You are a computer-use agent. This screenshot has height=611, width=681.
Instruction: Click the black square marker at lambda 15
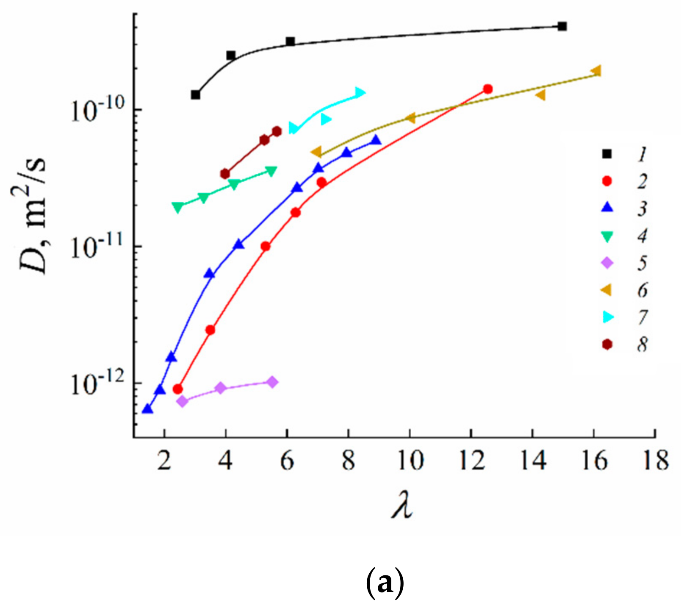pos(562,26)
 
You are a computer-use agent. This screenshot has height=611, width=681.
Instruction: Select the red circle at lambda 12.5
pos(487,89)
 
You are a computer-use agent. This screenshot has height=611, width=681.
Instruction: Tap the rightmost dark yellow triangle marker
pos(596,71)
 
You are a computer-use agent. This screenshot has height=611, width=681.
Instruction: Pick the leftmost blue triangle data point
pos(147,409)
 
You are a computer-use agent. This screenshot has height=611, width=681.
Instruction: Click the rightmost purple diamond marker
pos(273,382)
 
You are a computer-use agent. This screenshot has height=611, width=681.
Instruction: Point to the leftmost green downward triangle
pos(178,207)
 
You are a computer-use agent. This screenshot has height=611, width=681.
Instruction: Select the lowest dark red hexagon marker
pos(225,174)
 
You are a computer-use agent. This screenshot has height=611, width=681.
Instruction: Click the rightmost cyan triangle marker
pos(360,92)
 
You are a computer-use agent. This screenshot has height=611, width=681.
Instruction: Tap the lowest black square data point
pos(195,95)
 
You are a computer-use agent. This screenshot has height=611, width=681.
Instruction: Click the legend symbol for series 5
pos(607,263)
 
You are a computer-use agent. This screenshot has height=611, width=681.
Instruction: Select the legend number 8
pos(642,345)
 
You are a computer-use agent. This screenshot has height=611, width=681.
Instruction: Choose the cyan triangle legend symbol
pos(608,317)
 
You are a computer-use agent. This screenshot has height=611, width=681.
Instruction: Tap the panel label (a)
pos(384,585)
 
